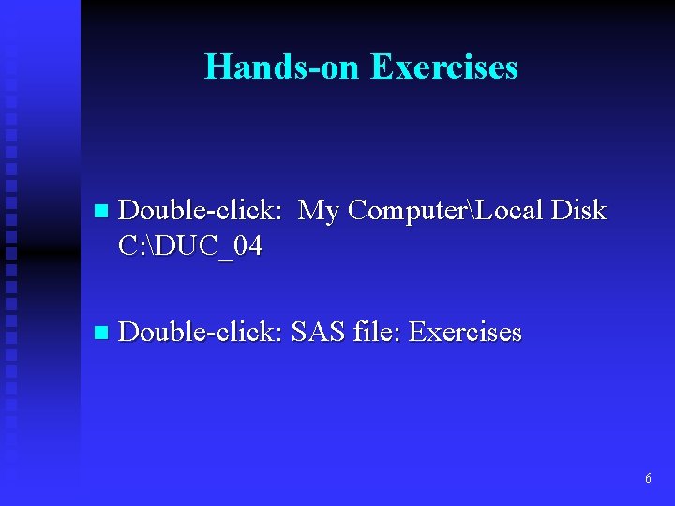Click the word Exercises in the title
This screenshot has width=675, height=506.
[443, 67]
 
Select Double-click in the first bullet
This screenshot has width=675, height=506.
[200, 211]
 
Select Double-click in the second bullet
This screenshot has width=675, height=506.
[200, 332]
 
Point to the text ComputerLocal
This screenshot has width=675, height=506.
[444, 212]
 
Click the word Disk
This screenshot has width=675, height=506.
[579, 211]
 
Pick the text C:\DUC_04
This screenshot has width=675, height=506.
[191, 246]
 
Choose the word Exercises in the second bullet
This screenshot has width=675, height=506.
[465, 332]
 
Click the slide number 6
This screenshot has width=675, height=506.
[648, 479]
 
